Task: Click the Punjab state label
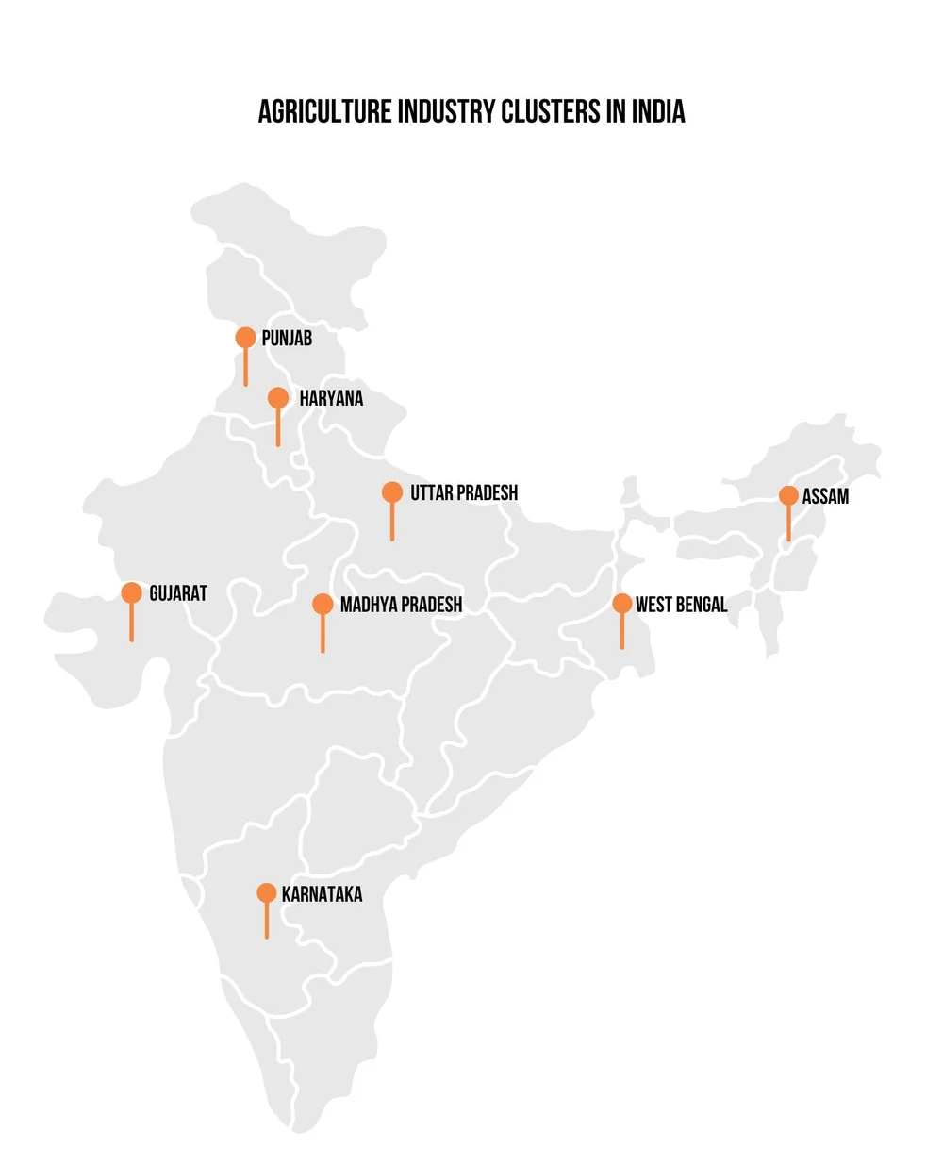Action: [287, 338]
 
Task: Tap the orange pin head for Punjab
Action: [245, 337]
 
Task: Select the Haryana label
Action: [331, 398]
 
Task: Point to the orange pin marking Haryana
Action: [278, 397]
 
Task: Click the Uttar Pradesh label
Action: [464, 492]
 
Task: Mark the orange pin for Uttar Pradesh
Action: [392, 491]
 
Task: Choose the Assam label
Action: [825, 496]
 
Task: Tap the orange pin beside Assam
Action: [789, 495]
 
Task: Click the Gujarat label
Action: [178, 593]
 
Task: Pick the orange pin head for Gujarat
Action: [131, 592]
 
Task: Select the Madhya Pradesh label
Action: [401, 605]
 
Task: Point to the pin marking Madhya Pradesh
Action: [323, 604]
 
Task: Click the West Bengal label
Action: [681, 605]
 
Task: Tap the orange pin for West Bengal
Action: [621, 604]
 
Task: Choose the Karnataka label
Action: [322, 894]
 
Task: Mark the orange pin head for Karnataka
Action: [267, 892]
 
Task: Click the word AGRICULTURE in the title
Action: [324, 111]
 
